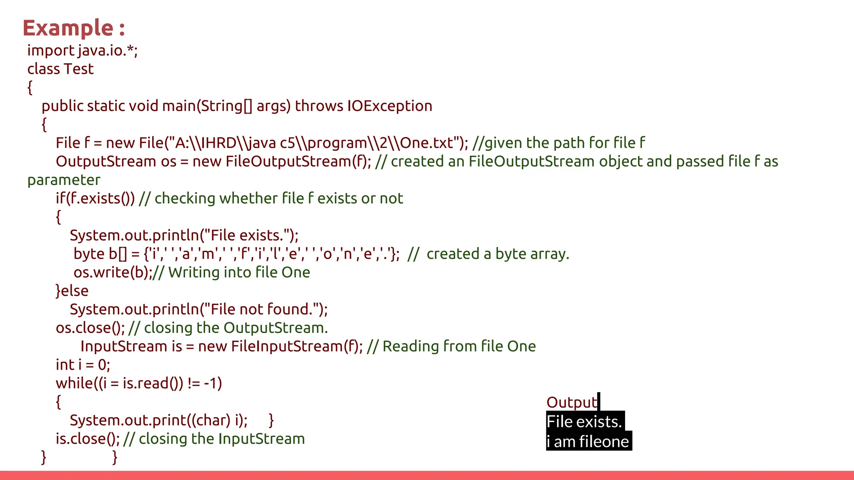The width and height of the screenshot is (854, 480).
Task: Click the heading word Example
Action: (x=68, y=28)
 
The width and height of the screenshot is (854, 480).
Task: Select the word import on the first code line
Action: (x=50, y=51)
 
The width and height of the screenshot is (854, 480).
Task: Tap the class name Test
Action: (x=79, y=69)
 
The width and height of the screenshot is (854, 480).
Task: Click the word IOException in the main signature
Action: (x=390, y=106)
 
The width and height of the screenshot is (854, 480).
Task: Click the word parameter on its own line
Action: (x=64, y=180)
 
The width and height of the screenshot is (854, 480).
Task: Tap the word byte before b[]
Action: (x=89, y=254)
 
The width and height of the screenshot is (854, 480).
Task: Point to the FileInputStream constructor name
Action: (x=286, y=347)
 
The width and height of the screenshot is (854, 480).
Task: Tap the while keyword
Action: (x=74, y=383)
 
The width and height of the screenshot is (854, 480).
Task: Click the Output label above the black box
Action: (x=572, y=402)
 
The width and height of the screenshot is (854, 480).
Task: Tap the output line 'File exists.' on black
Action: (x=584, y=422)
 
